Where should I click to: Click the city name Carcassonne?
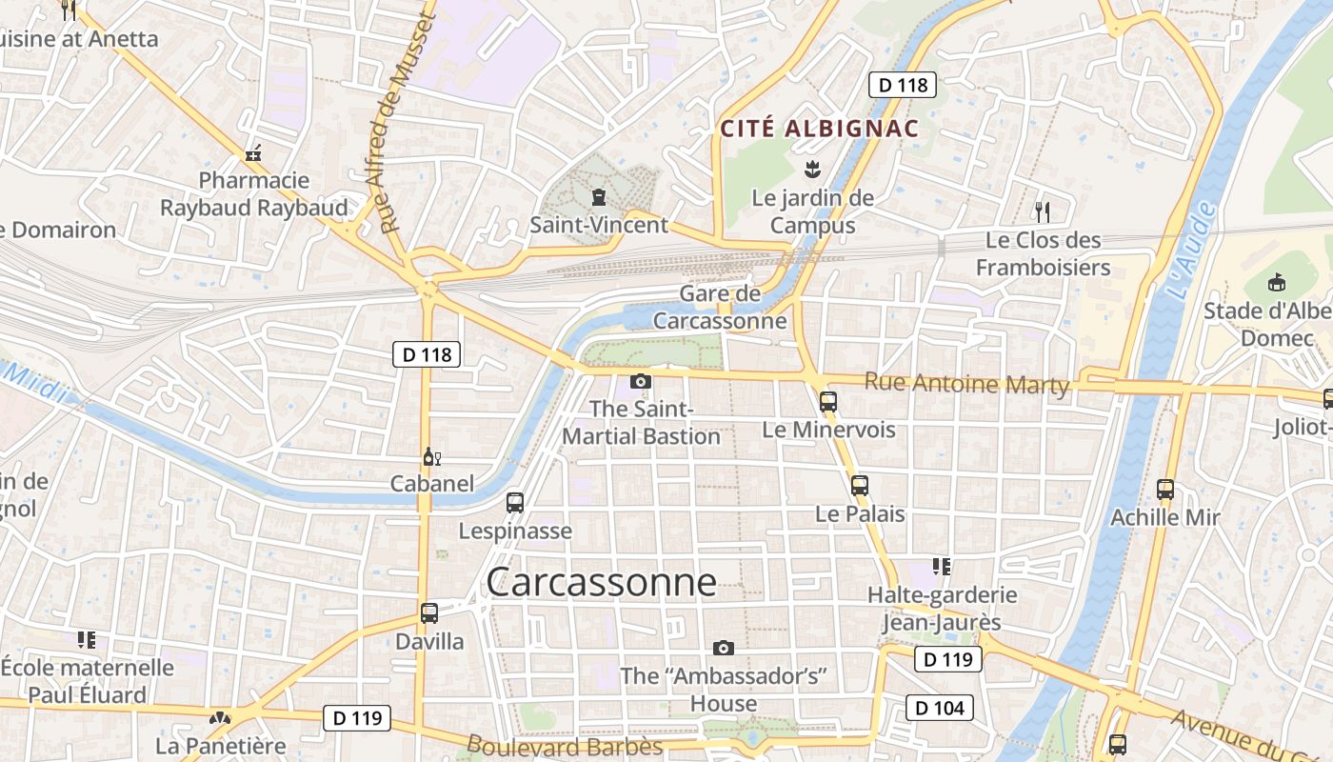601,582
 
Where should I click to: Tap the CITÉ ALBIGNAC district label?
819,129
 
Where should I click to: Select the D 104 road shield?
940,708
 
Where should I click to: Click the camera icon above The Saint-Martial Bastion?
641,381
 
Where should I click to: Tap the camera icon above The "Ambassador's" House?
724,648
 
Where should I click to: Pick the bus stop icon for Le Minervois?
828,401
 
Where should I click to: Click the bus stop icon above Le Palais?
860,485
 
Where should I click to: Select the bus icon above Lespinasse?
515,502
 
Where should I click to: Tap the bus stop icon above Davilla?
429,612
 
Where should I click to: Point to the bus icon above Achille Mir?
1165,490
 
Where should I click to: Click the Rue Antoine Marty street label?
967,383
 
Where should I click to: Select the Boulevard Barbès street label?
565,746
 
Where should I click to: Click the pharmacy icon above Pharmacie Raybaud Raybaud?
253,152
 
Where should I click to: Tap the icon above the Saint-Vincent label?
599,197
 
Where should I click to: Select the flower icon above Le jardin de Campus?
812,170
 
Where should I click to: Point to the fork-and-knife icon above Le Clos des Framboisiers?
1043,211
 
